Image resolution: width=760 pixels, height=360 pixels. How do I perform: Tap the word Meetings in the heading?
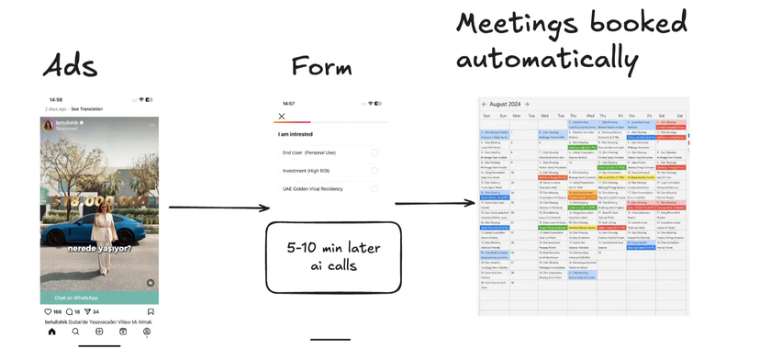[519, 25]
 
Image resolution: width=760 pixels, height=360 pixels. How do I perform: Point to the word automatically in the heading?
[547, 59]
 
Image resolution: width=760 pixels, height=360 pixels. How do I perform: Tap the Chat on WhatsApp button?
[76, 298]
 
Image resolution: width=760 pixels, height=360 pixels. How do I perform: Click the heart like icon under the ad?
[49, 312]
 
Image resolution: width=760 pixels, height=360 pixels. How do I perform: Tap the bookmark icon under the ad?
[151, 312]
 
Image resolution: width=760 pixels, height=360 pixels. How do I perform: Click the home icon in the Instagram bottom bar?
[52, 332]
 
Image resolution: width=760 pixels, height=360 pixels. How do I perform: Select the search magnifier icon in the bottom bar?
[75, 332]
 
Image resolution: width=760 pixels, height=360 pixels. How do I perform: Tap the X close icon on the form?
[282, 116]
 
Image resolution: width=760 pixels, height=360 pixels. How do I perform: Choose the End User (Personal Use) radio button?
[374, 152]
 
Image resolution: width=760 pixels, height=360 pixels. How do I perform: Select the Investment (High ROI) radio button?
[374, 171]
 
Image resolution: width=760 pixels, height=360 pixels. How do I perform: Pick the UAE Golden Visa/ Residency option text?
[312, 188]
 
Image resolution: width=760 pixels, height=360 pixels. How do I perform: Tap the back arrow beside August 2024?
[485, 105]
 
